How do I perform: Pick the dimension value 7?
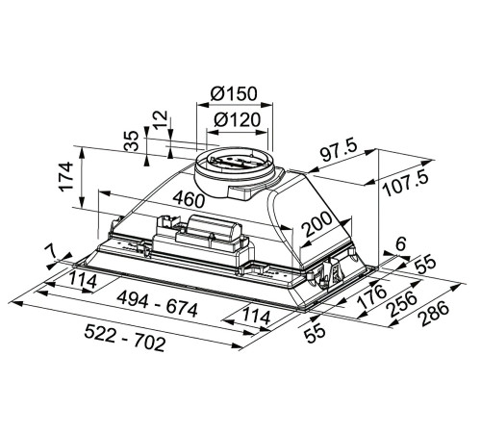point(49,252)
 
